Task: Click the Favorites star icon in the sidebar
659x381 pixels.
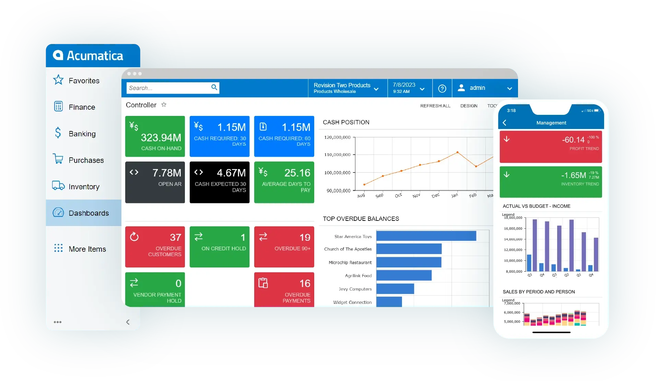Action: click(x=58, y=80)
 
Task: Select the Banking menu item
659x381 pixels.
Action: click(x=82, y=134)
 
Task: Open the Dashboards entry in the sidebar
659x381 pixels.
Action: click(x=89, y=213)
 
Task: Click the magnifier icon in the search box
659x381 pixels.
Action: click(x=214, y=87)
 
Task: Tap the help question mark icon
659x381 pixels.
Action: click(x=442, y=88)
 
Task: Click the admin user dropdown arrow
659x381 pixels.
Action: click(x=509, y=88)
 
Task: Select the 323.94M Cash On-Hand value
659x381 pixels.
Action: click(x=161, y=138)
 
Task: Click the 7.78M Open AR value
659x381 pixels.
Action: click(x=167, y=173)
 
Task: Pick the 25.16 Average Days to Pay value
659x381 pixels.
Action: click(x=297, y=173)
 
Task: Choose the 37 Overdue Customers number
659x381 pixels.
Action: click(x=175, y=237)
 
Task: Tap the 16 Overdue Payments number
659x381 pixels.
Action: click(x=305, y=283)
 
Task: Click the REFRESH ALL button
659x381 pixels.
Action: click(x=435, y=106)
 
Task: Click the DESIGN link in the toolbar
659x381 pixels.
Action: click(x=469, y=106)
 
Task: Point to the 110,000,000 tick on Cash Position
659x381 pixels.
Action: click(x=337, y=155)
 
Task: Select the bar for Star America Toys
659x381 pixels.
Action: click(x=426, y=236)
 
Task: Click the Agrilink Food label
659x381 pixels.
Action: click(x=358, y=275)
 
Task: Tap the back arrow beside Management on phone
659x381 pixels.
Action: click(x=504, y=123)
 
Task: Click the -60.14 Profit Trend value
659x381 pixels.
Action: click(x=573, y=140)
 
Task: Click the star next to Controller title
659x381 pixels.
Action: click(x=164, y=105)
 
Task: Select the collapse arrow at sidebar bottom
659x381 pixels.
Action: click(x=128, y=322)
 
